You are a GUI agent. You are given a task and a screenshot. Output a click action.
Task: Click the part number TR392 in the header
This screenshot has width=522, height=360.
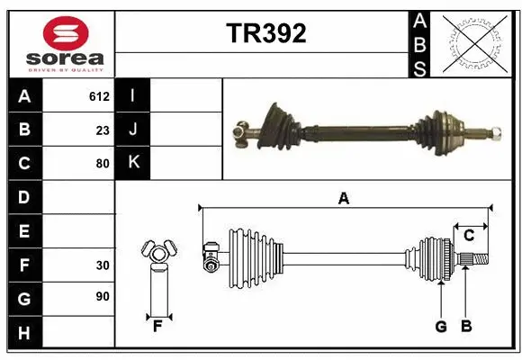click(265, 33)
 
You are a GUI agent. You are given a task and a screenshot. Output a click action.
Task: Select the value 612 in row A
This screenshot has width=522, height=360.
click(99, 96)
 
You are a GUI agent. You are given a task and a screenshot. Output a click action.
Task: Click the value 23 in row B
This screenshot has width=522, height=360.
click(103, 130)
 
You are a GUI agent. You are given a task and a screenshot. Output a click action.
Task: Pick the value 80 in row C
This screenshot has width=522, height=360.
click(103, 164)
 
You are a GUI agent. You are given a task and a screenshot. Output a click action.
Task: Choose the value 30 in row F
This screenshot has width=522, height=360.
click(103, 265)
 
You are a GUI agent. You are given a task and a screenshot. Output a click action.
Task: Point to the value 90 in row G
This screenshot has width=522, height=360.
click(103, 296)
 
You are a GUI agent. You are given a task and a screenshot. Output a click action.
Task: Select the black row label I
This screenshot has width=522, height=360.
click(132, 96)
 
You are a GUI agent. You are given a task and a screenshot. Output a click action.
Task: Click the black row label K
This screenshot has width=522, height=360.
click(132, 164)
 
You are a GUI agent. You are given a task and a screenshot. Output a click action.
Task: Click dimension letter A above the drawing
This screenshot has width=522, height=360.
click(343, 199)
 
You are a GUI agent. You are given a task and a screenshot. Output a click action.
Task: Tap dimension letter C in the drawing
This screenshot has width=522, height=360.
click(469, 236)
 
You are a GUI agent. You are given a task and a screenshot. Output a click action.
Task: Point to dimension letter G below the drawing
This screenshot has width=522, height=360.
click(441, 327)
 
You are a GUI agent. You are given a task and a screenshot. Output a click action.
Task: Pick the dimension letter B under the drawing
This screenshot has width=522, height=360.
click(465, 327)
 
